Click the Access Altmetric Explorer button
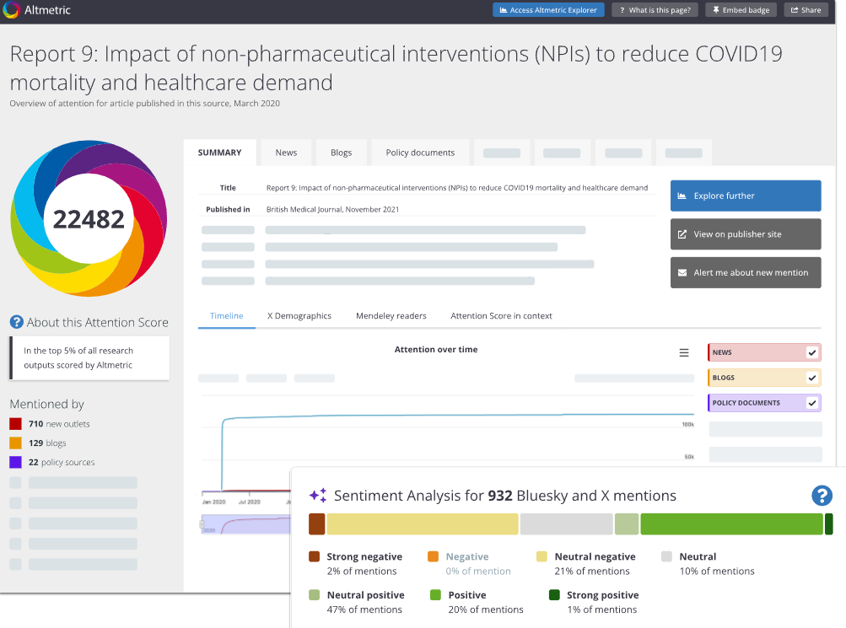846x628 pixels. [x=548, y=10]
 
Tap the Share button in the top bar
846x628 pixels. [x=806, y=10]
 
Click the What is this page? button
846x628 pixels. [x=655, y=10]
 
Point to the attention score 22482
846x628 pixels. [x=89, y=219]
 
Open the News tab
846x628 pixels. [x=286, y=153]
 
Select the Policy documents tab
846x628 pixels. [x=420, y=153]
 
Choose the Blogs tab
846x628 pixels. [x=341, y=153]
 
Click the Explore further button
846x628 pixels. [x=746, y=196]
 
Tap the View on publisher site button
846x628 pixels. [x=746, y=234]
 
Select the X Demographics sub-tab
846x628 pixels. [x=299, y=316]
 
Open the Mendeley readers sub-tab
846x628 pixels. [x=391, y=316]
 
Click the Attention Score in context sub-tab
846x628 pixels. [x=501, y=316]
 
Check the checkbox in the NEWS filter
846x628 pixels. [x=811, y=352]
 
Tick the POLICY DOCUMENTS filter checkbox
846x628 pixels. [x=811, y=403]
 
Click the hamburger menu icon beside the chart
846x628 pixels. [x=683, y=352]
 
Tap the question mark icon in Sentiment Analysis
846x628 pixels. [x=822, y=496]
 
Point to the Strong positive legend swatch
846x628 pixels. [x=554, y=595]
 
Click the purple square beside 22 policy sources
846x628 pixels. [x=16, y=462]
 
